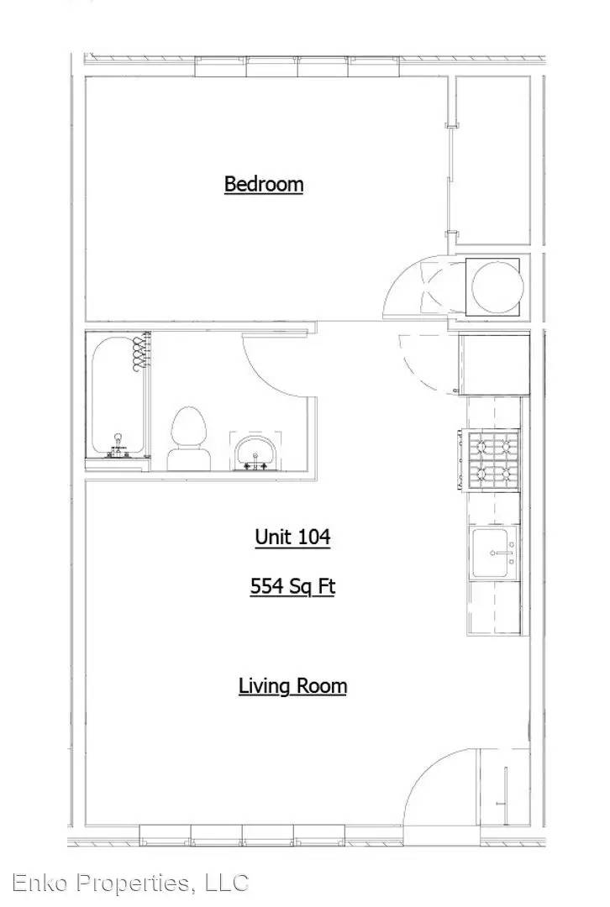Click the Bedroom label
coord(263,184)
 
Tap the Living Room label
coord(293,686)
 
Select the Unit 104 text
coord(293,537)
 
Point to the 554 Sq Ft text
coord(293,586)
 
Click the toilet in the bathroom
coord(189,438)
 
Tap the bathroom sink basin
coord(255,451)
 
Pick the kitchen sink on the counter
coord(494,553)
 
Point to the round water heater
coord(497,287)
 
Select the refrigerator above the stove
coord(495,364)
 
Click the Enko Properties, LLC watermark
coord(131,883)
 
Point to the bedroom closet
coord(492,160)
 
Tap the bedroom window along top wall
coord(297,66)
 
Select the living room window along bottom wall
coord(242,836)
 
